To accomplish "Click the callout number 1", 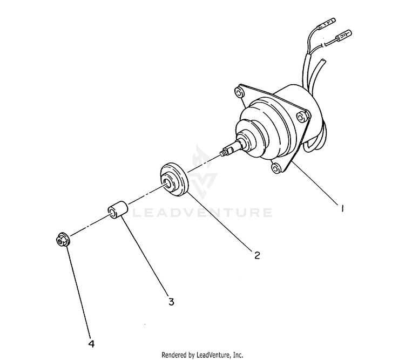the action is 342,208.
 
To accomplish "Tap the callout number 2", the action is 257,255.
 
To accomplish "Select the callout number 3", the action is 171,301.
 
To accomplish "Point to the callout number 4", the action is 91,344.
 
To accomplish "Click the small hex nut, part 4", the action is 62,239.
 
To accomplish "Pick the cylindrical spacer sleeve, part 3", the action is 118,209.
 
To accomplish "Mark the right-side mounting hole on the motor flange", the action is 301,117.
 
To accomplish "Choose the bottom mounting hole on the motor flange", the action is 276,168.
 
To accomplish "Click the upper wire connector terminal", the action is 327,23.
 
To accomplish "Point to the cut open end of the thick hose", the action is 322,62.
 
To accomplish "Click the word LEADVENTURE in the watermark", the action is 202,213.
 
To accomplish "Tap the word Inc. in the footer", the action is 238,355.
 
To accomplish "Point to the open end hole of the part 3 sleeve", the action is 112,213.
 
